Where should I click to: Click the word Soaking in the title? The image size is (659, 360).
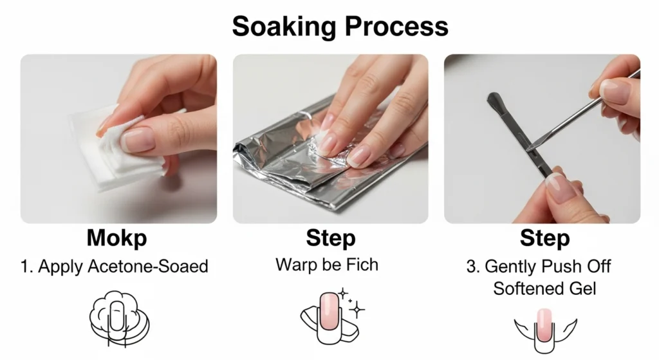[284, 27]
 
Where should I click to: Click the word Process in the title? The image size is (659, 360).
[396, 26]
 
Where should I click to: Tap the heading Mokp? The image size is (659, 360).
[117, 238]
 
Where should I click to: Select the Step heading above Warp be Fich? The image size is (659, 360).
[331, 238]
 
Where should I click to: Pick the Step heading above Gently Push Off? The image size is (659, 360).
[544, 238]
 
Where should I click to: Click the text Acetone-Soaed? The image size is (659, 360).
[148, 266]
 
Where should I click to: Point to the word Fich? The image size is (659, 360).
[362, 265]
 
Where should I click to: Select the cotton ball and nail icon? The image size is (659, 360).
[119, 319]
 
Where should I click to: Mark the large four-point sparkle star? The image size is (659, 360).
[357, 310]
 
